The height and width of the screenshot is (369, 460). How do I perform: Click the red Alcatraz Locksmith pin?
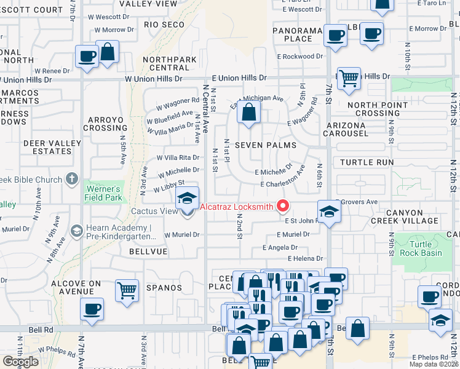[284, 206]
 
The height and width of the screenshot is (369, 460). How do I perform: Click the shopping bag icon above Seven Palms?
[248, 113]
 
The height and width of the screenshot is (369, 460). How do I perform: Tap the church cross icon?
[72, 180]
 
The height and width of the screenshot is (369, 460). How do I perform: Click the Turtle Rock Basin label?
[421, 248]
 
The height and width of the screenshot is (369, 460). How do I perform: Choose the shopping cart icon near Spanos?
[127, 290]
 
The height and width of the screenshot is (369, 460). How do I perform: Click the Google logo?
[20, 362]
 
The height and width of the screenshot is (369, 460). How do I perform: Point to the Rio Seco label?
[164, 25]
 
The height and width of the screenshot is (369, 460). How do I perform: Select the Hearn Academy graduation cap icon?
[77, 231]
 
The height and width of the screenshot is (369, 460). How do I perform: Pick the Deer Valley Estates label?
[52, 147]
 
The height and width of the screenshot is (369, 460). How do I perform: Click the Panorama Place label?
[299, 34]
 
